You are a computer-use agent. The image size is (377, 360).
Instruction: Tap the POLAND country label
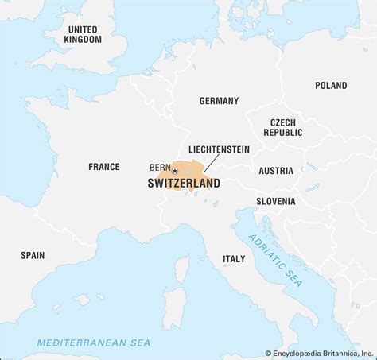(331, 85)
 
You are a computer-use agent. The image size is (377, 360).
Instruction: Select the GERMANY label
(219, 101)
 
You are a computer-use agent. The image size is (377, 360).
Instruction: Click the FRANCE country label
(103, 167)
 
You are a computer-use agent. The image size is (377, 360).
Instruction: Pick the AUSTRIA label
(275, 171)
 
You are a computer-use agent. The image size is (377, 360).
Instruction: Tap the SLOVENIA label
(275, 201)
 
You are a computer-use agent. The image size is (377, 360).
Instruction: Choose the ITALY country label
(234, 258)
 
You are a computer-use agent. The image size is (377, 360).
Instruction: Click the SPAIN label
(33, 255)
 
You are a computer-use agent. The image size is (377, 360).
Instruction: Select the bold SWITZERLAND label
(184, 184)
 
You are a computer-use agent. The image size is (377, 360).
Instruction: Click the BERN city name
(159, 168)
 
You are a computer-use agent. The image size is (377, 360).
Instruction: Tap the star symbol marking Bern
(175, 171)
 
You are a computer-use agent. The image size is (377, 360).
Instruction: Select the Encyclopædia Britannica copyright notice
(319, 352)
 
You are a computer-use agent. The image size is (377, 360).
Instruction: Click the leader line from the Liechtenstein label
(212, 162)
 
